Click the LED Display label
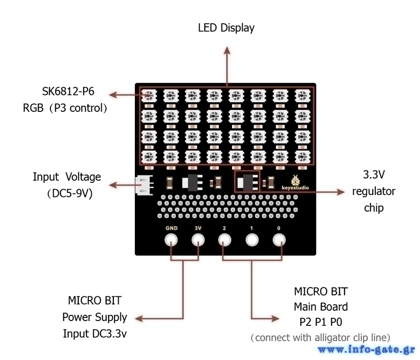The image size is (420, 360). (226, 28)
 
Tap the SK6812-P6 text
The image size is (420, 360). (68, 92)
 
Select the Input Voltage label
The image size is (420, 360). (67, 177)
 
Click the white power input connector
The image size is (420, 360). (142, 185)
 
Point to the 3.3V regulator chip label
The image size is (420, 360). (373, 191)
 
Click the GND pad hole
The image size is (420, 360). (171, 241)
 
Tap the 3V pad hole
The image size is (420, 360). (198, 241)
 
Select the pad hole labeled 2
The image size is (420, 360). (225, 241)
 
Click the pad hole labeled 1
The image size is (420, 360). (252, 241)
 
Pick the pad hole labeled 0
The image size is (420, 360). (279, 241)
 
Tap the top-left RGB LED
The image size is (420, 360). (149, 96)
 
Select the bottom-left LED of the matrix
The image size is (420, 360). (149, 156)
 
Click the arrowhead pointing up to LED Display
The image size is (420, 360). (227, 50)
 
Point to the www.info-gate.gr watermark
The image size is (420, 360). (366, 349)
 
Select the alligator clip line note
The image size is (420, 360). (320, 337)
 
